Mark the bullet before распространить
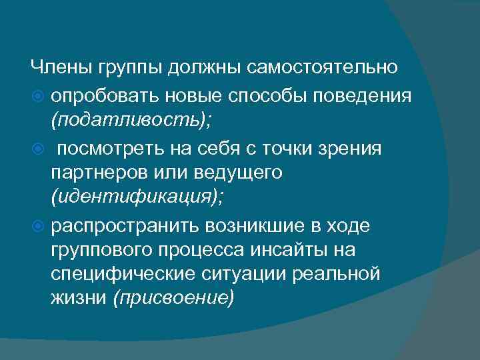point(38,225)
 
